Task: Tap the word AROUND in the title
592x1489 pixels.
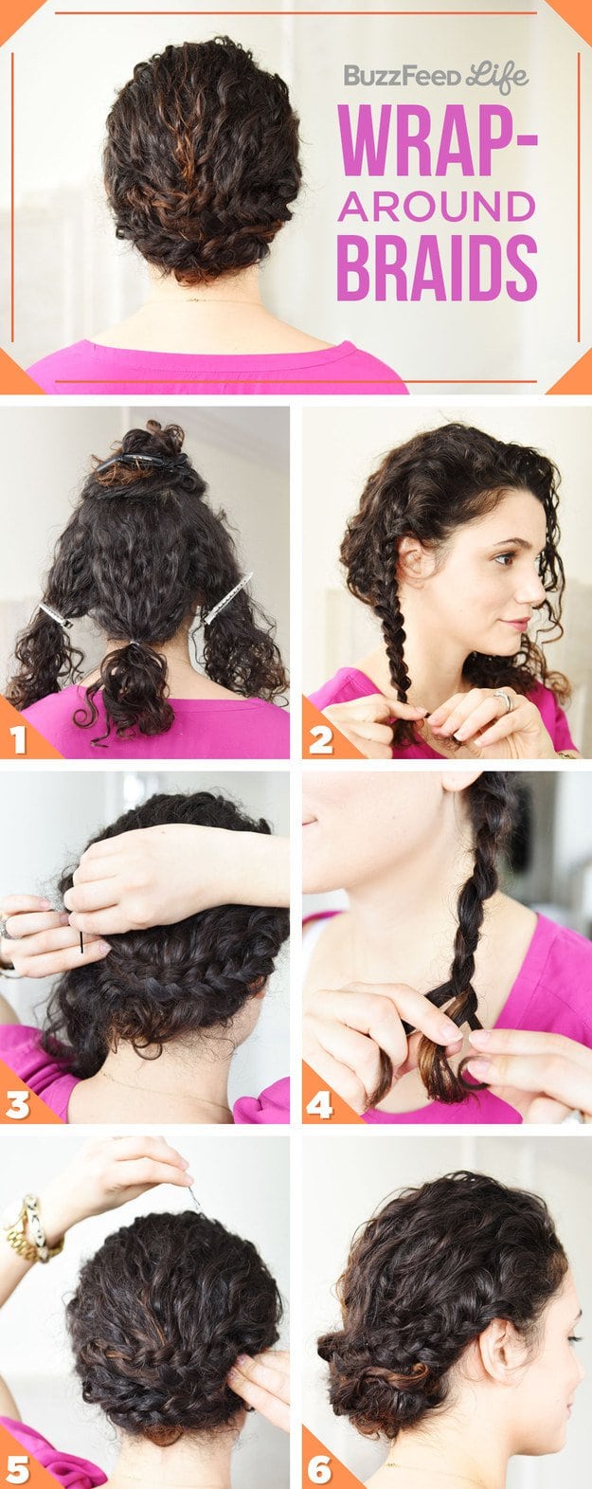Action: (437, 206)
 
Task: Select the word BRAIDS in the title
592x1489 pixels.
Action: (437, 268)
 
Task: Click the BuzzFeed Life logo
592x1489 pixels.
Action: (436, 76)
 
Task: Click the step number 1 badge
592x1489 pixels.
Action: (19, 740)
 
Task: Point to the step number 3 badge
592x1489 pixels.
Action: (19, 1105)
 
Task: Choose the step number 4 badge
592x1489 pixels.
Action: (320, 1105)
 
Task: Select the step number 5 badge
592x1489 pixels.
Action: (19, 1469)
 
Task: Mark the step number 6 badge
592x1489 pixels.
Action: (320, 1469)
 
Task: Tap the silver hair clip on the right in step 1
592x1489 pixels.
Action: (226, 597)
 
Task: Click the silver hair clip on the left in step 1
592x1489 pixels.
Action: (55, 616)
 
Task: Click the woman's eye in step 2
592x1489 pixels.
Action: (505, 558)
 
